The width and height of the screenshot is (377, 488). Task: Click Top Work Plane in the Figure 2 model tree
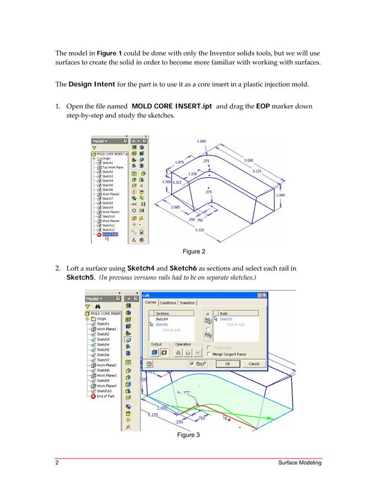pyautogui.click(x=112, y=167)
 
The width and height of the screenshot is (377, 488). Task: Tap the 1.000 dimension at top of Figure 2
pyautogui.click(x=201, y=141)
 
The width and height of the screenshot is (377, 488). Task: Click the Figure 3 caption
pyautogui.click(x=188, y=435)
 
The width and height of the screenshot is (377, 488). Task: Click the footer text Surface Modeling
pyautogui.click(x=300, y=463)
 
